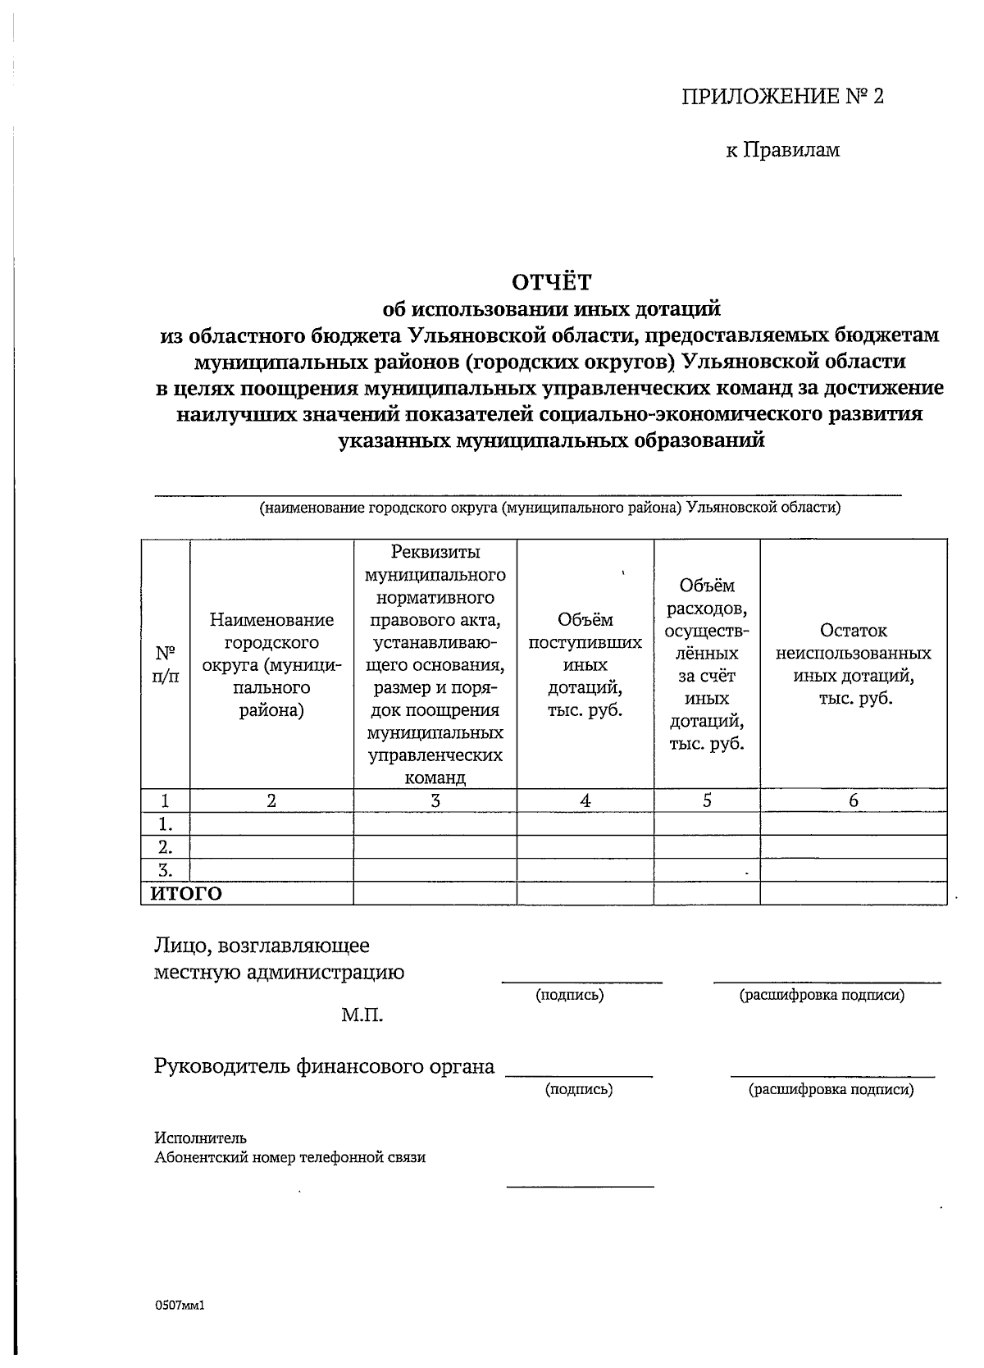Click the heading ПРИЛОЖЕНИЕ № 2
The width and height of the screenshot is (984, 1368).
click(783, 97)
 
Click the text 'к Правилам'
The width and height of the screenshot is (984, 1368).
click(782, 150)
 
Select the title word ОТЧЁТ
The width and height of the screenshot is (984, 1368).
click(551, 282)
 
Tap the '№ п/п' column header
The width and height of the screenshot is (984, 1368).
click(165, 665)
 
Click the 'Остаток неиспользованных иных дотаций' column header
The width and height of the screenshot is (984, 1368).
click(853, 664)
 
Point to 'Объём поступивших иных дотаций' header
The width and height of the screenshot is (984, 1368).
click(585, 664)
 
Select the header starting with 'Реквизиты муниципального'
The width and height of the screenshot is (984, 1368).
click(435, 664)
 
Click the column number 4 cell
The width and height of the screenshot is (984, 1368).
click(585, 801)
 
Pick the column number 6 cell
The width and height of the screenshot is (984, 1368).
click(853, 801)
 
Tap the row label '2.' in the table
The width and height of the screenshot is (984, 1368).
click(165, 847)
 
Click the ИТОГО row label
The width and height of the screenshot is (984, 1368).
click(186, 894)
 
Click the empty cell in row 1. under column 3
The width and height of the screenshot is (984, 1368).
click(435, 824)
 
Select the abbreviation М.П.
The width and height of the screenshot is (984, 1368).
click(362, 1016)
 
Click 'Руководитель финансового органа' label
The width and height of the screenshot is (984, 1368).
click(325, 1066)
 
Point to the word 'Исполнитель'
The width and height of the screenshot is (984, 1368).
click(200, 1138)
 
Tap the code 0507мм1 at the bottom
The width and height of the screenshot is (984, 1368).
click(179, 1305)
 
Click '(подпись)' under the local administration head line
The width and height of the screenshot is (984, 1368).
click(569, 996)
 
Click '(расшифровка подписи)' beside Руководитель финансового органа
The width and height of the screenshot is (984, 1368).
click(830, 1089)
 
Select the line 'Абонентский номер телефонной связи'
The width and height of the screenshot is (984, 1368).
click(289, 1157)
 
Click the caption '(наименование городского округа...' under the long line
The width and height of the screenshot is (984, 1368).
click(549, 508)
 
